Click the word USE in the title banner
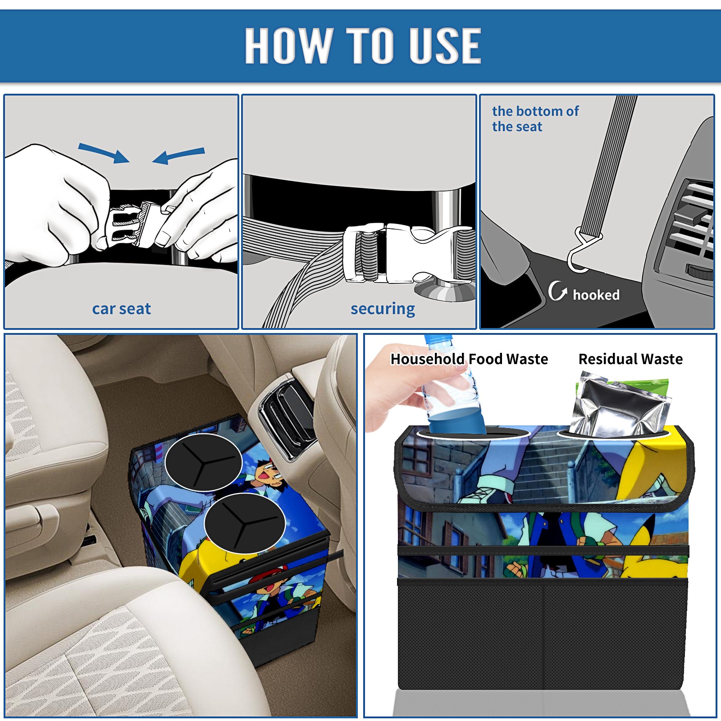(x=445, y=45)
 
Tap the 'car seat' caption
(x=121, y=309)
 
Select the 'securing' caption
(x=383, y=309)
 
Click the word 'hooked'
(x=596, y=295)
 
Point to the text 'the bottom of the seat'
(x=535, y=119)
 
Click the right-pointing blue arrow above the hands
(x=104, y=153)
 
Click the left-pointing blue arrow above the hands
(x=178, y=155)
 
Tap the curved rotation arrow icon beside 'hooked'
(x=557, y=291)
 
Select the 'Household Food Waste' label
(x=469, y=359)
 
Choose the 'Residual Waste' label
(x=630, y=359)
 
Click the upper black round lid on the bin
(x=203, y=462)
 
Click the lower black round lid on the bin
(x=244, y=523)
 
